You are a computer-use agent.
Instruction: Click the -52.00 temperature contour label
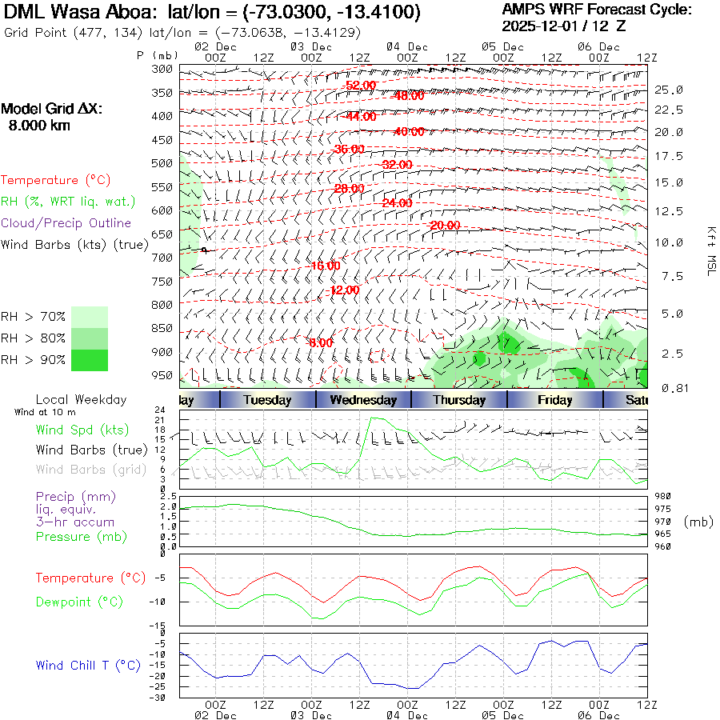point(360,86)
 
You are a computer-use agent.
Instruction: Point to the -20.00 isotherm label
point(445,226)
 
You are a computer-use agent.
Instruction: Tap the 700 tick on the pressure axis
point(162,258)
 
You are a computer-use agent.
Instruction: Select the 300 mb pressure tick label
point(162,70)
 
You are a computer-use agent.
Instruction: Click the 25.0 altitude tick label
point(668,90)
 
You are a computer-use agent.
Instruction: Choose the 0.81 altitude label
point(669,388)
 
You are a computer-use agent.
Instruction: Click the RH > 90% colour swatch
point(89,360)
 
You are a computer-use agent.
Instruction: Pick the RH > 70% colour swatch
point(89,317)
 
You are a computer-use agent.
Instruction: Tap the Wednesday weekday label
point(363,400)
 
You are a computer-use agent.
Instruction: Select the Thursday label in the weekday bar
point(459,400)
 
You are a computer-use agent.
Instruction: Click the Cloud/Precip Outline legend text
point(66,223)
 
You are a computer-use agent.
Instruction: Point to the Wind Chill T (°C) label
point(88,665)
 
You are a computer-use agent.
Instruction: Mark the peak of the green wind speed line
point(370,418)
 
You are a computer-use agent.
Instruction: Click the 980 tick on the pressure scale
point(662,497)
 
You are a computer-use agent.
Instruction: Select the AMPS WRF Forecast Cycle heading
point(597,10)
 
